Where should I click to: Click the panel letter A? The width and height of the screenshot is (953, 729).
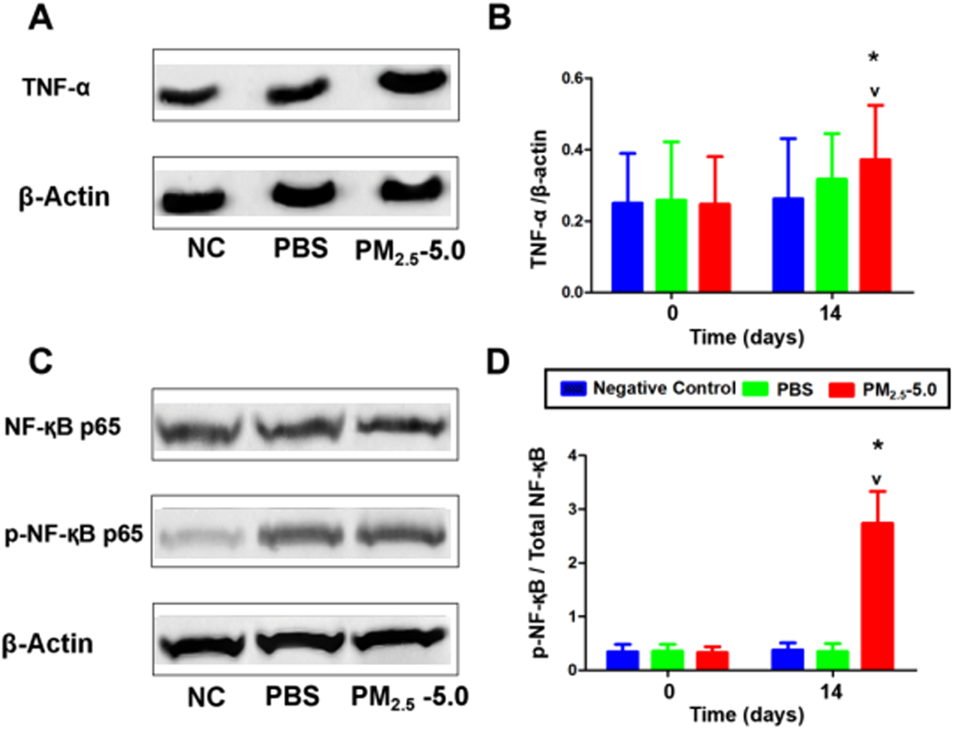point(40,18)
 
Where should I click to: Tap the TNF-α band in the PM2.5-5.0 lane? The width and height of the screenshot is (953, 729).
point(413,81)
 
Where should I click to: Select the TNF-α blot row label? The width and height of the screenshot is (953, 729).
point(56,87)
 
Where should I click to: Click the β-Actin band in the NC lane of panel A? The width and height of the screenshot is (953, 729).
point(193,201)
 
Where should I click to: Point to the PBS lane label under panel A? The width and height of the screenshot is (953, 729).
point(301,248)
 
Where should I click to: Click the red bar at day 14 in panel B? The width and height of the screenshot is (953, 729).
point(875,225)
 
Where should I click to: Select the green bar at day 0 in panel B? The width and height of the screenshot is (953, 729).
point(671,245)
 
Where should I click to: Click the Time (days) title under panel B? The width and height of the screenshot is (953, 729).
point(747,337)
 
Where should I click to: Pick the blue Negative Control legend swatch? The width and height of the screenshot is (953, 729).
point(572,389)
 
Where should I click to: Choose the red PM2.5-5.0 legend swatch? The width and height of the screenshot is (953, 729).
point(841,389)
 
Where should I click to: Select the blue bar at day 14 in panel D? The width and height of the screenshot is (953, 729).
point(787,659)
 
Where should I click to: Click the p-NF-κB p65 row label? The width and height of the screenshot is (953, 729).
point(74,534)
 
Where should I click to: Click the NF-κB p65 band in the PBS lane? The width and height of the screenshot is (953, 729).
point(299,427)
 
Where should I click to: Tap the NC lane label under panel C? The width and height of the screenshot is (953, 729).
point(206,697)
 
